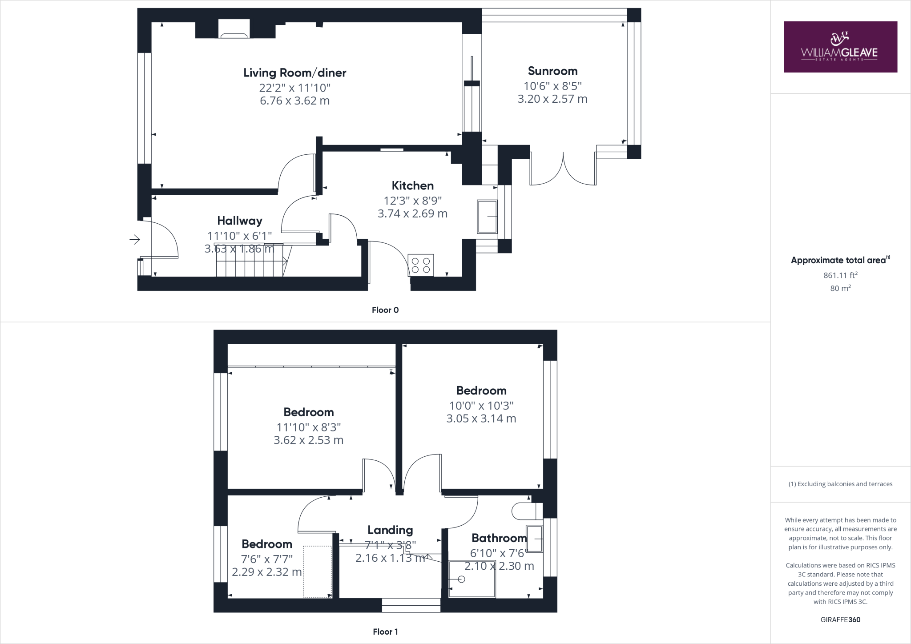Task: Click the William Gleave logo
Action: coord(840,47)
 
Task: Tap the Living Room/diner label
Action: coord(294,73)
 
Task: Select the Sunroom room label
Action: coord(552,71)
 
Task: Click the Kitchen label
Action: coord(412,185)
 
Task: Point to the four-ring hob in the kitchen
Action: coord(421,265)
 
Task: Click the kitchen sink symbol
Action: coord(487,217)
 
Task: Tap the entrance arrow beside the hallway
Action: coord(135,240)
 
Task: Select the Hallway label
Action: coord(239,221)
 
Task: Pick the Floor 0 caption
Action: coord(385,310)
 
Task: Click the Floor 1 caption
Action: coord(385,632)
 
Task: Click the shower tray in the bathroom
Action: coord(472,579)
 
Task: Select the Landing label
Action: coord(390,530)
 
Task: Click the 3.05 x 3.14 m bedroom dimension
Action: coord(481,419)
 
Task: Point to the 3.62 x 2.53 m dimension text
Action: coord(308,440)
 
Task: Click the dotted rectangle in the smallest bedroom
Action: coord(317,572)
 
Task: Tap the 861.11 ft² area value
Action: coord(840,275)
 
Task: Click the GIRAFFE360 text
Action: coord(840,620)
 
